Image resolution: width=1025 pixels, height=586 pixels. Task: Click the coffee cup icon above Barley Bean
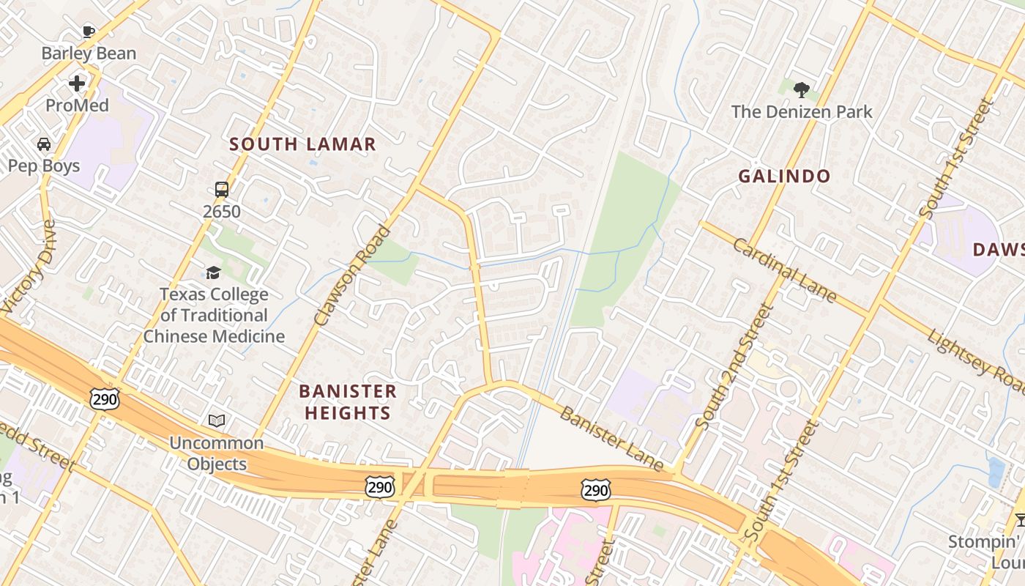click(x=88, y=31)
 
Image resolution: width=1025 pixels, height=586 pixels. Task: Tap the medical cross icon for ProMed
click(x=77, y=84)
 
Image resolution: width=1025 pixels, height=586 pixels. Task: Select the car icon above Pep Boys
click(x=44, y=144)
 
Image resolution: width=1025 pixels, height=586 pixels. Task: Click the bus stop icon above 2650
click(x=222, y=190)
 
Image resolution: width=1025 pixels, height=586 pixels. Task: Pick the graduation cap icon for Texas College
click(x=213, y=273)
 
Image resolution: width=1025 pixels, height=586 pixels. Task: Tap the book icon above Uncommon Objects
click(x=216, y=420)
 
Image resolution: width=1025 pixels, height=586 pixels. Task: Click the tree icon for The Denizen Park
click(x=802, y=90)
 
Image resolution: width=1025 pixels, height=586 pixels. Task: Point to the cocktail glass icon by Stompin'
click(x=1021, y=519)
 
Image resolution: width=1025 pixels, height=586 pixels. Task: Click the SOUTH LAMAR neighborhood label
click(x=302, y=144)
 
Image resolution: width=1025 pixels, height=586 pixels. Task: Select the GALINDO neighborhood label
click(x=784, y=176)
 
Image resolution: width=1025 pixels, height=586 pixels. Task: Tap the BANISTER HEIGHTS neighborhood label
click(x=348, y=402)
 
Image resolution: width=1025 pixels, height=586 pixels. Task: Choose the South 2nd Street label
click(x=734, y=366)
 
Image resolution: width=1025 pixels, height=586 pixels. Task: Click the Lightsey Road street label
click(x=977, y=359)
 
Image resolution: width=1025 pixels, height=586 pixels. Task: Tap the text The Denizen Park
click(x=802, y=112)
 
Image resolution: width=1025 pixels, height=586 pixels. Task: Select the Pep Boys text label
click(x=44, y=166)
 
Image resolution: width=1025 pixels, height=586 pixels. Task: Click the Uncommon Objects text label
click(x=216, y=453)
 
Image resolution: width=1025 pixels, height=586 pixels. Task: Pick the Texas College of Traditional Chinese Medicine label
click(x=214, y=316)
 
